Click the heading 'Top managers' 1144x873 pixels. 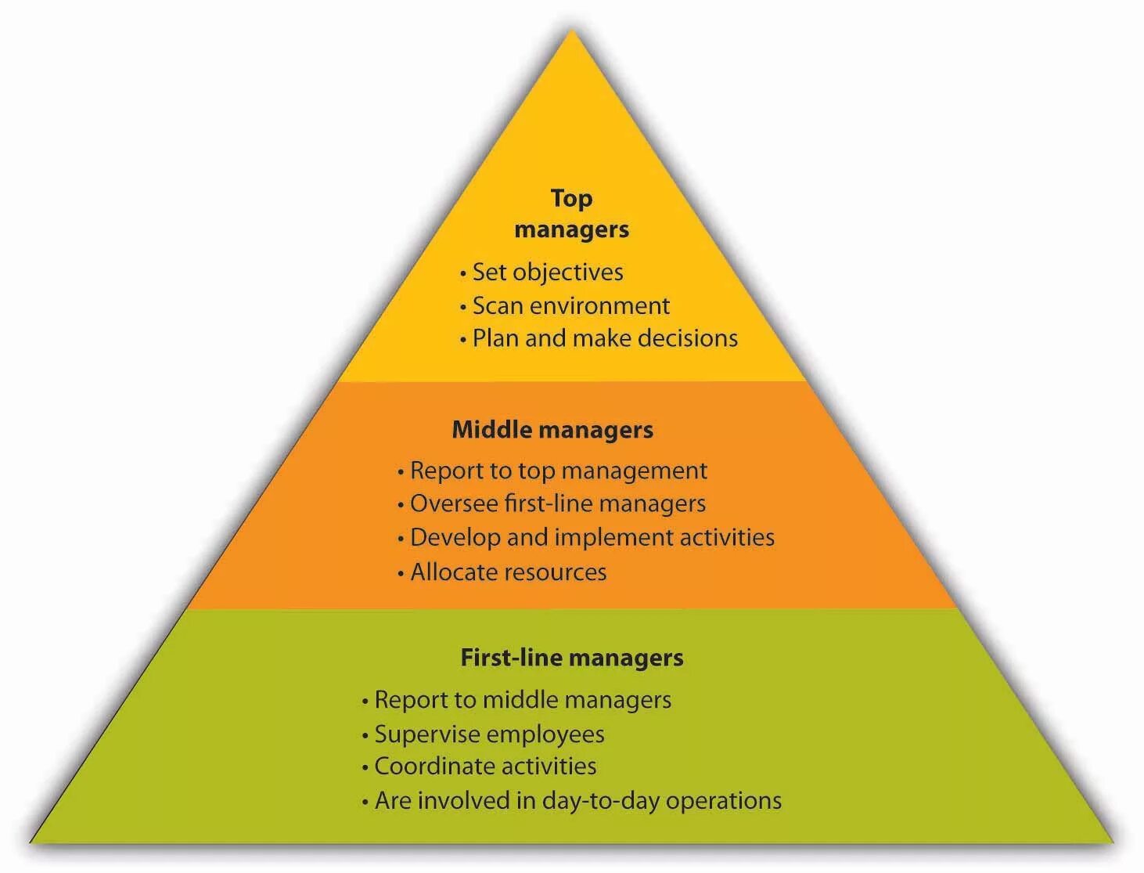click(x=571, y=214)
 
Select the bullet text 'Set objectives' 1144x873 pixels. click(x=548, y=272)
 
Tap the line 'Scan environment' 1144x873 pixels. click(x=570, y=305)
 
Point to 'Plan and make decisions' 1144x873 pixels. click(x=605, y=338)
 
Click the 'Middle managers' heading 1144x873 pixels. click(x=552, y=430)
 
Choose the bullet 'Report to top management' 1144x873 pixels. click(x=558, y=471)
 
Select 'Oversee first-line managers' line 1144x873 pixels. click(x=557, y=503)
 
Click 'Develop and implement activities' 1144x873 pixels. click(x=592, y=537)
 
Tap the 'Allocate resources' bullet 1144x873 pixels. click(x=508, y=572)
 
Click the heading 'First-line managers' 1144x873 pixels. click(x=571, y=657)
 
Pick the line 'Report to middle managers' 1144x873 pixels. click(x=522, y=699)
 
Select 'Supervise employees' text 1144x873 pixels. click(x=489, y=734)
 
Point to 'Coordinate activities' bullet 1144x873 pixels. click(x=485, y=766)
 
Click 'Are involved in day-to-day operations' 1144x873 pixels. click(x=577, y=800)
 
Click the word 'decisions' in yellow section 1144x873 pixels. click(x=687, y=338)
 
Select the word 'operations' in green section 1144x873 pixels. click(x=724, y=800)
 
